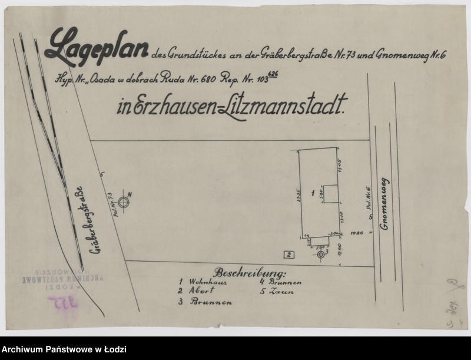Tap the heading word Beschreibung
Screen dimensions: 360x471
click(251, 273)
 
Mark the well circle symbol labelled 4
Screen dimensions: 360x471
click(123, 202)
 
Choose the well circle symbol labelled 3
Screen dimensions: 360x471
click(320, 255)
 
